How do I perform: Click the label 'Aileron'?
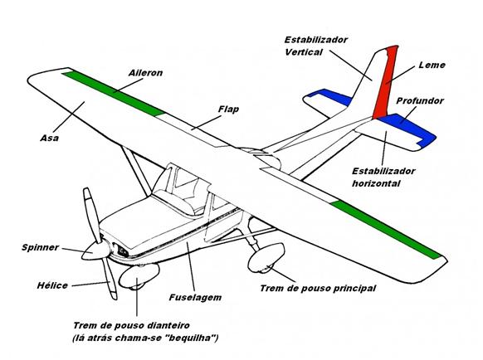146,73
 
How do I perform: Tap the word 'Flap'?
228,109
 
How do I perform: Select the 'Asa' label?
48,136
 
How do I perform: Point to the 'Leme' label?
432,64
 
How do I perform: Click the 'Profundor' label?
420,100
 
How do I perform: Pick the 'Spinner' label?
37,248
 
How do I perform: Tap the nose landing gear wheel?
133,282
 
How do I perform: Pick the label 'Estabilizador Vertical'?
315,45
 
